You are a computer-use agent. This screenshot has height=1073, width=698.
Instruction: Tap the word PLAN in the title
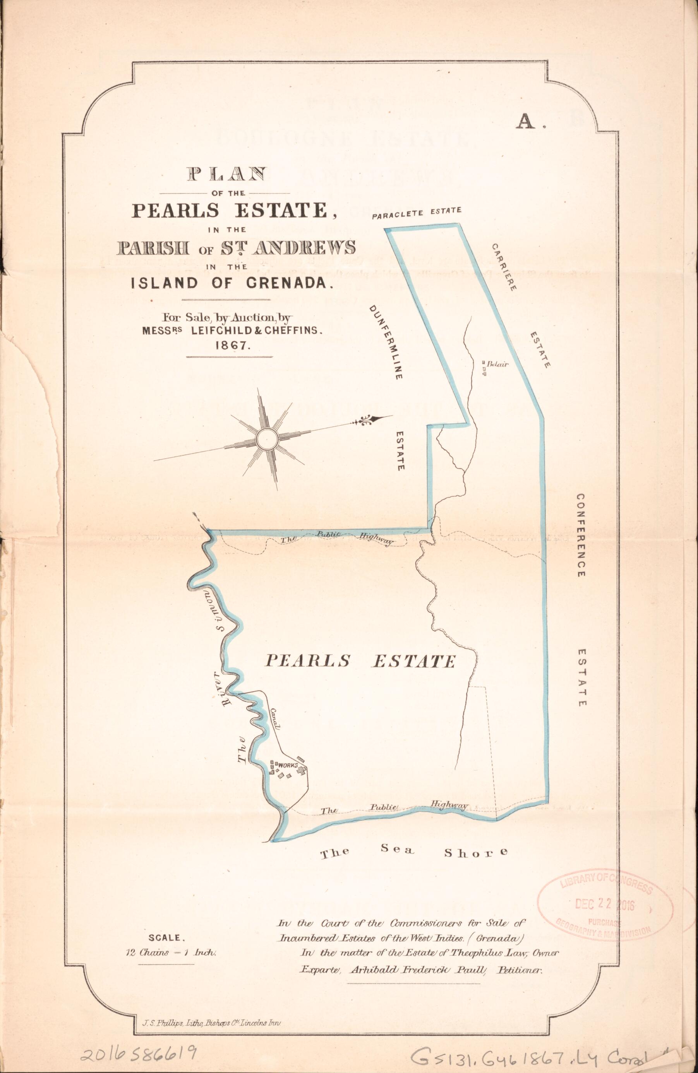(x=227, y=175)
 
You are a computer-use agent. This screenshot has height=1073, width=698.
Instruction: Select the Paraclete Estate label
(x=416, y=213)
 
